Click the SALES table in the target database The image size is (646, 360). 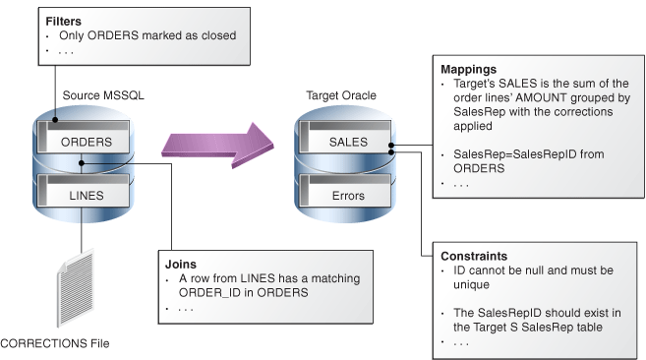pyautogui.click(x=348, y=142)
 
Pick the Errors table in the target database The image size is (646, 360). pyautogui.click(x=348, y=196)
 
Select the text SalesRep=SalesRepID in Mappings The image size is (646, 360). pyautogui.click(x=505, y=154)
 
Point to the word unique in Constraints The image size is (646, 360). pyautogui.click(x=473, y=284)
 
